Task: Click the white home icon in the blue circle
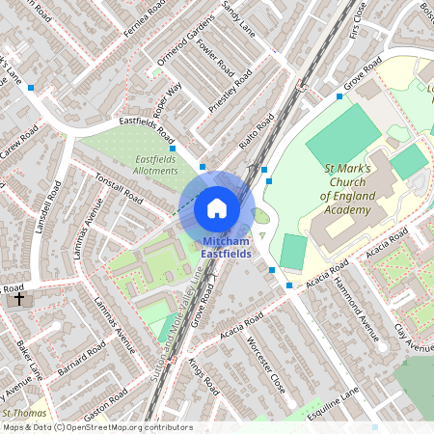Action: click(x=217, y=208)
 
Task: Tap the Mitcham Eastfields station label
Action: click(x=226, y=247)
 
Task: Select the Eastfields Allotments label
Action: click(x=155, y=165)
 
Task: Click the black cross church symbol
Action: click(x=18, y=299)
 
